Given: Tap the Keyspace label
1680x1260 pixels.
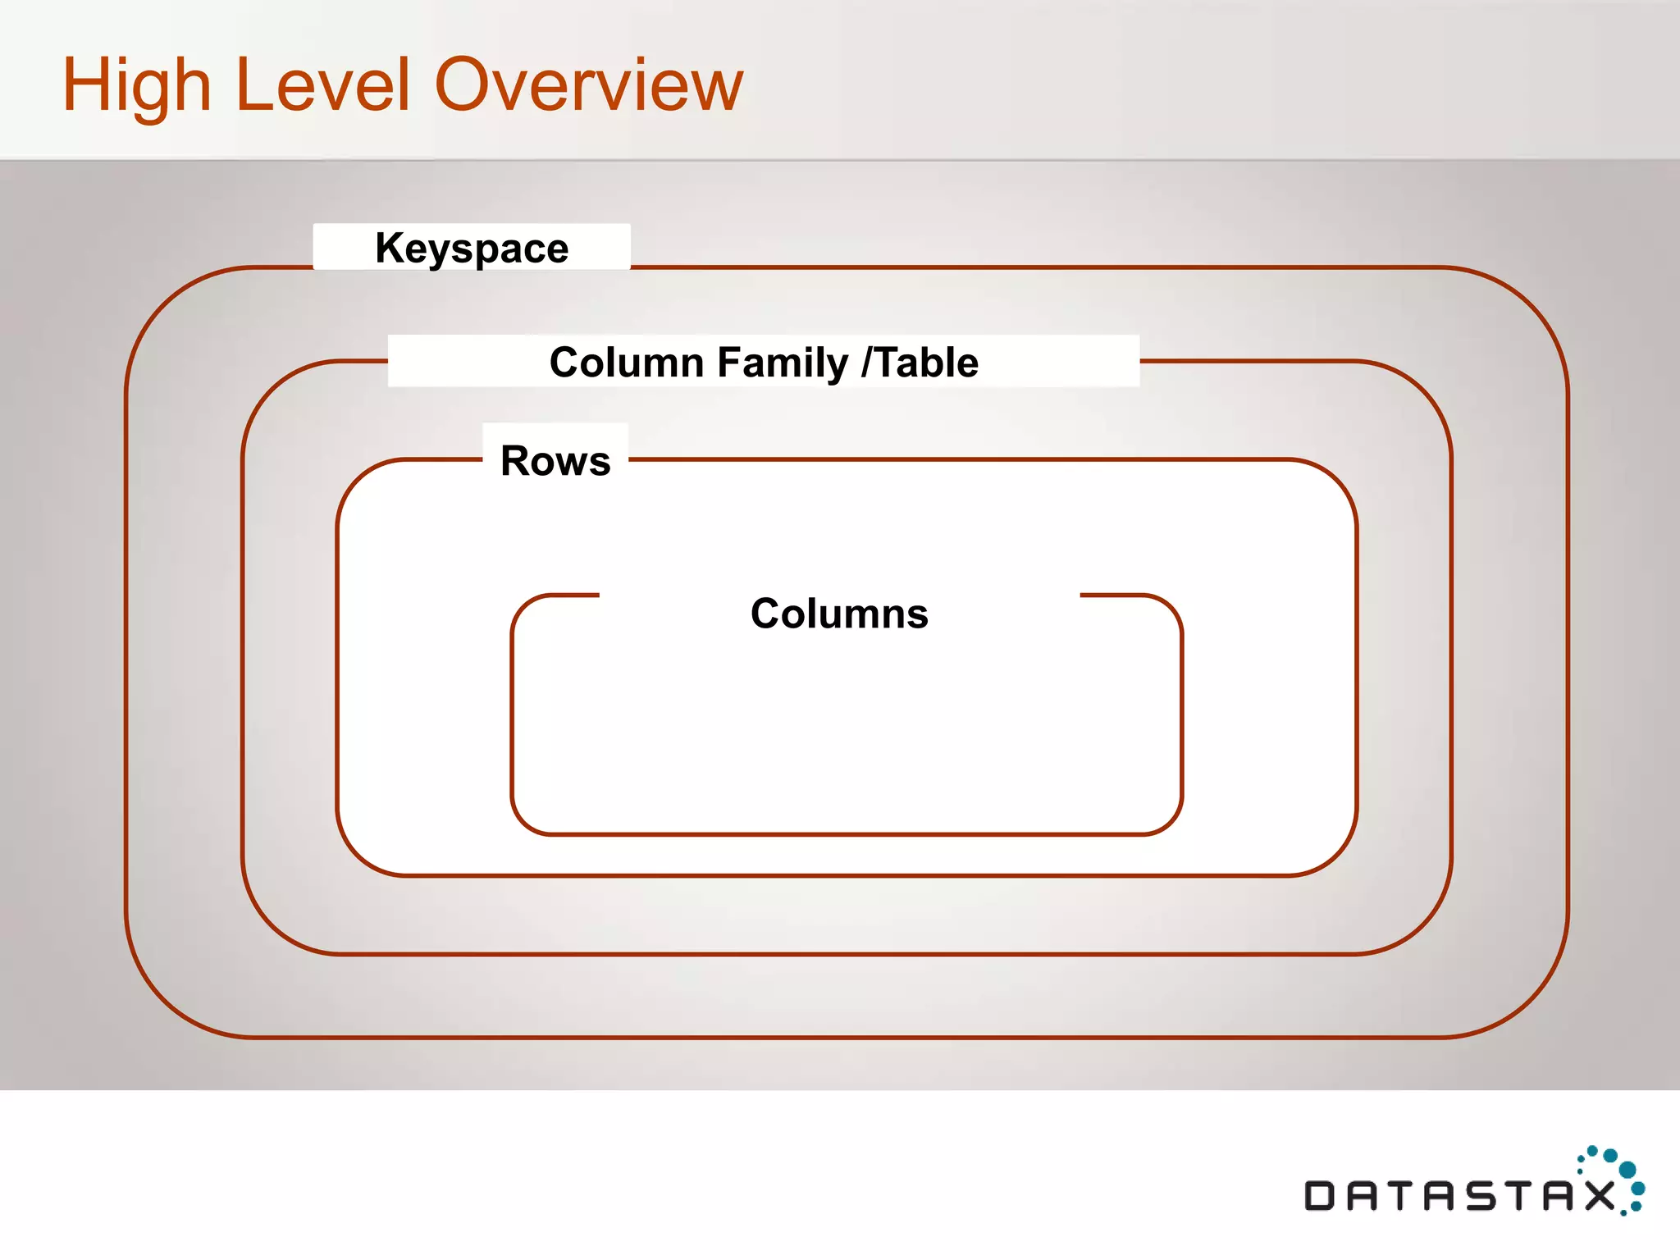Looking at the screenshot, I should click(472, 248).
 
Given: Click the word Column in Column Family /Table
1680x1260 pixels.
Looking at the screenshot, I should click(616, 363).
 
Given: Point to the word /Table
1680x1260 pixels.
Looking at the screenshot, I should click(920, 363).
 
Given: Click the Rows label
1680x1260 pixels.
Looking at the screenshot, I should click(555, 460).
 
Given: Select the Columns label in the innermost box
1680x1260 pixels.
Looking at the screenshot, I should click(839, 614).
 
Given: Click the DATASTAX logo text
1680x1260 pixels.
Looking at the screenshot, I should click(1459, 1195).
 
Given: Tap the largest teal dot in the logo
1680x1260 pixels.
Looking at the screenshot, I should click(1627, 1170).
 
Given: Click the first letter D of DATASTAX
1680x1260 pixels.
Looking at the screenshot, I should click(1320, 1195).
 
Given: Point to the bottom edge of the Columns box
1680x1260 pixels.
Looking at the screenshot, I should click(845, 834).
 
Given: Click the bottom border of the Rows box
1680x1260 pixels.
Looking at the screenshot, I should click(845, 875).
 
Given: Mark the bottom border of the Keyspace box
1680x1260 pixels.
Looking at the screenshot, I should click(845, 1038).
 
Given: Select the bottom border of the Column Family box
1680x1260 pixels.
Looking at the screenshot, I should click(845, 954).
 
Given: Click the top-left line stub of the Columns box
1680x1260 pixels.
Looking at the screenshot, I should click(574, 595).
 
